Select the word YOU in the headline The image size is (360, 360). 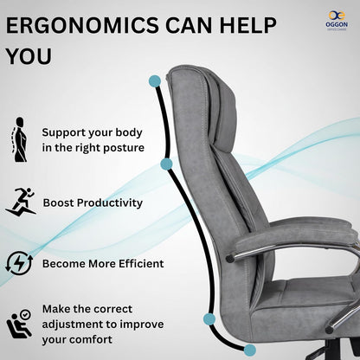coord(28,56)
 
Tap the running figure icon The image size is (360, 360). coord(20,202)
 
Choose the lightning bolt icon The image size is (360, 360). coord(20,262)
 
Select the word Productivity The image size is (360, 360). coord(110,202)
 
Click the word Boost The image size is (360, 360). coord(58,202)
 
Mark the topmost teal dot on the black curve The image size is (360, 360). coord(154,80)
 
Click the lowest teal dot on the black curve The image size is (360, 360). coord(250,349)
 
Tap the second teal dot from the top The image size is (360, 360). coord(165,162)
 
